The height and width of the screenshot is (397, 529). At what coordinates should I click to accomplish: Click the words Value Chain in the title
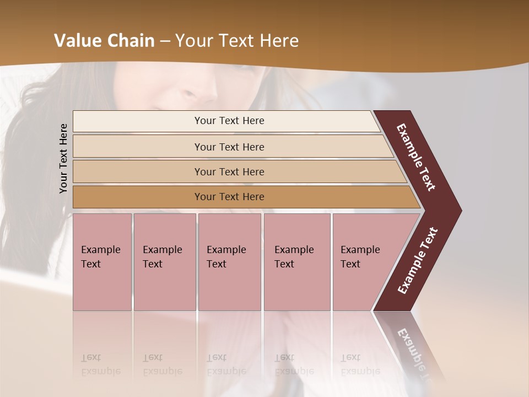click(x=104, y=41)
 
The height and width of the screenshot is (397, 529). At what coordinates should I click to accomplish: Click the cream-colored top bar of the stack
click(x=138, y=121)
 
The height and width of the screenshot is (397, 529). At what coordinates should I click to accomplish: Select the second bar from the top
click(x=138, y=147)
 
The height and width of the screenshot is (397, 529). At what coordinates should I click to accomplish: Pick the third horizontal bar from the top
click(x=138, y=171)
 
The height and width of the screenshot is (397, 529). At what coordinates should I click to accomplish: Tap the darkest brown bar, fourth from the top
click(x=138, y=197)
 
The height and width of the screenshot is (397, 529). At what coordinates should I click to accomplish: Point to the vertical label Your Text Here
click(x=63, y=158)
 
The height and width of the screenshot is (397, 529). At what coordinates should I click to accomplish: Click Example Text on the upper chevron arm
click(x=416, y=157)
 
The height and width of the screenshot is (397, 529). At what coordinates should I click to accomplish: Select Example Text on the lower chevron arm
click(x=418, y=261)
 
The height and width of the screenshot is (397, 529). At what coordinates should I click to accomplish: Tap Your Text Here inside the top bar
click(x=229, y=121)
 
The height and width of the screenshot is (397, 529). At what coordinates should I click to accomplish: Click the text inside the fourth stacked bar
click(x=229, y=197)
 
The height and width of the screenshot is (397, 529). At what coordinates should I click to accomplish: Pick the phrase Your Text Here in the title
click(x=237, y=41)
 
